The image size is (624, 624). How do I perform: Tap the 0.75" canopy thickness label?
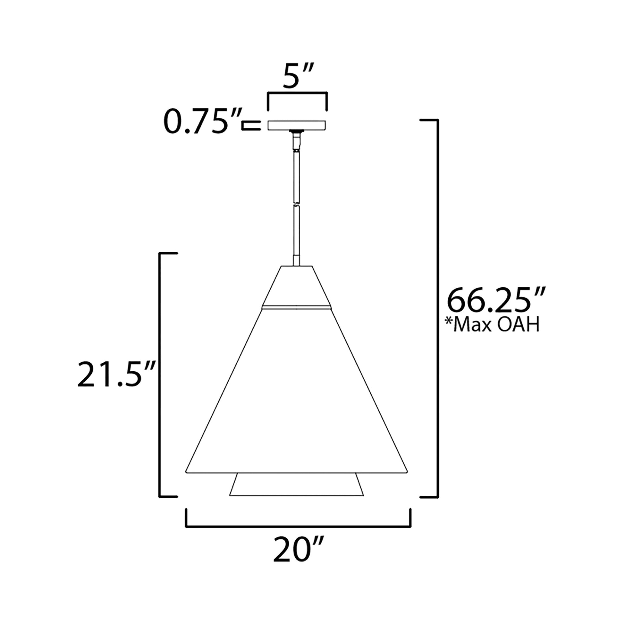coord(203,122)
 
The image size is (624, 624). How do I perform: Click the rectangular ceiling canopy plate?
coord(297,126)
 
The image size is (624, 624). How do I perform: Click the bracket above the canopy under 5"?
coord(297,93)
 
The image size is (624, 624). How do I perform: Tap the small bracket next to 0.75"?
coord(251,126)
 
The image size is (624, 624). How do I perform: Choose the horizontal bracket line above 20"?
coord(298,527)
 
